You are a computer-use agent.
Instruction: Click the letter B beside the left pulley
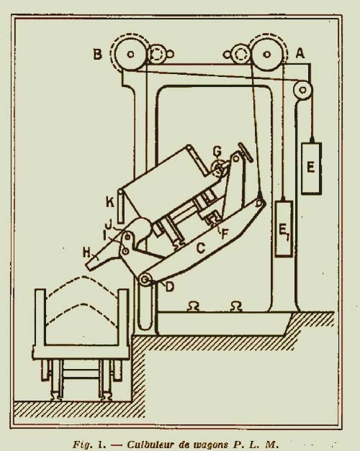coord(98,54)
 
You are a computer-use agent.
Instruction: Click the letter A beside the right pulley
coord(300,53)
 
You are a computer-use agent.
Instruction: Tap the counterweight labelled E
coord(311,168)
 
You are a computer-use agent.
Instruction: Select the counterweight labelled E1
coord(284,228)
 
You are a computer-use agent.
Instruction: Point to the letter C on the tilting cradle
coord(201,248)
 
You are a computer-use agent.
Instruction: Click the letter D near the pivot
coord(170,287)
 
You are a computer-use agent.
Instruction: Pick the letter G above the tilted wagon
coord(217,151)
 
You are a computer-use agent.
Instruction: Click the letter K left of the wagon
coord(110,203)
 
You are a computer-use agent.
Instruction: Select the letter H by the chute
coord(86,253)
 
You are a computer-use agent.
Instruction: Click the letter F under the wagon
coord(225,234)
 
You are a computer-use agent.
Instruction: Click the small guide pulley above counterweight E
coord(302,90)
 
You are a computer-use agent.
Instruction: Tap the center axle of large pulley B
coord(130,54)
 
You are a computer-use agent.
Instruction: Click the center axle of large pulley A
coord(267,54)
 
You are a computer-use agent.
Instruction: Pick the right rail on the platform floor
coord(236,306)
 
